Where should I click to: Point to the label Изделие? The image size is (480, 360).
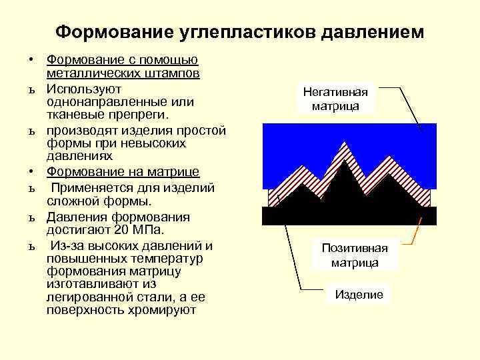pos(359,295)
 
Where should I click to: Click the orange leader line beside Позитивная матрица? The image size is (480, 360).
pos(415,233)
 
